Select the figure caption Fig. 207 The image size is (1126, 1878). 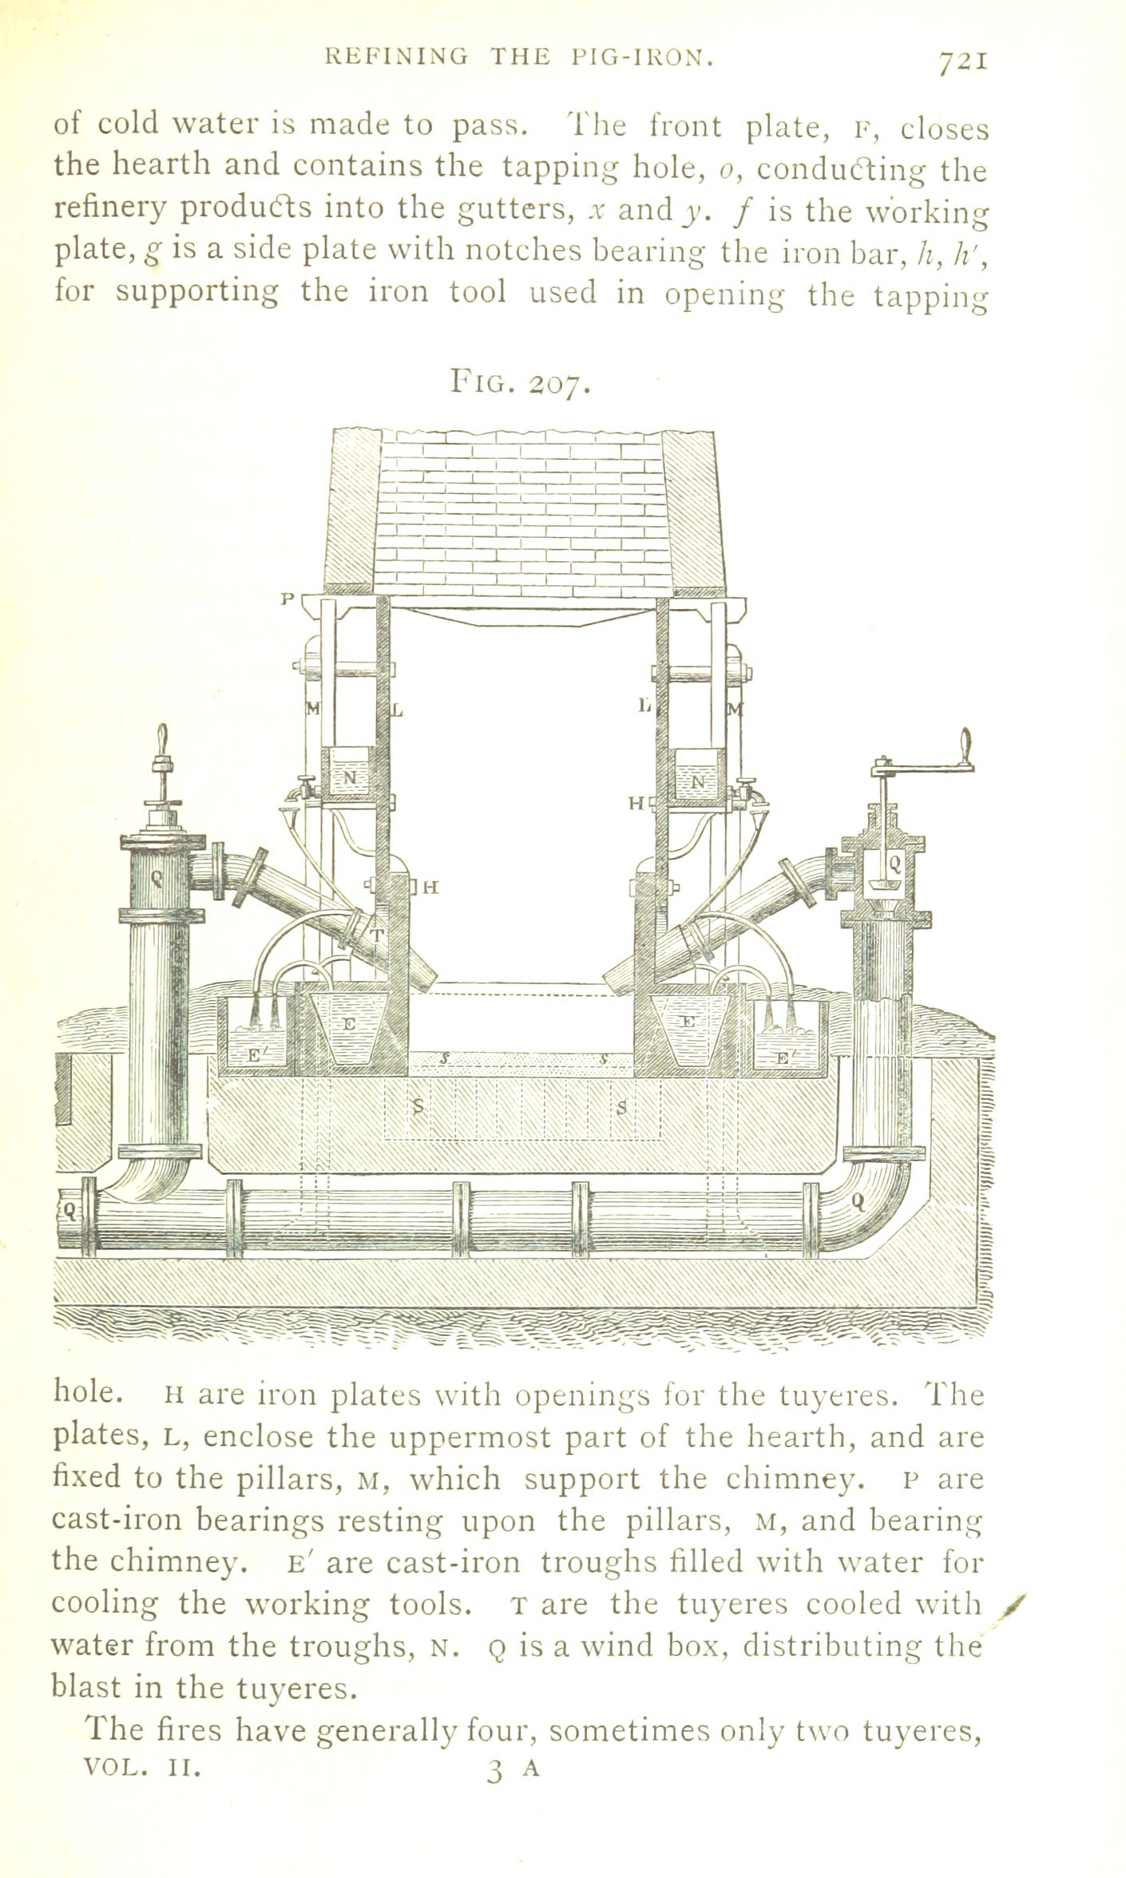tap(520, 384)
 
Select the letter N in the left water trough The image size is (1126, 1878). tap(350, 777)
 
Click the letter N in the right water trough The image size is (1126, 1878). tap(698, 783)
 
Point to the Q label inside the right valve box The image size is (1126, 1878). tap(894, 862)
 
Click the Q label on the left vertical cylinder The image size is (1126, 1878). tap(157, 879)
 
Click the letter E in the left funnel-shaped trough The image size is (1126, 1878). tap(349, 1022)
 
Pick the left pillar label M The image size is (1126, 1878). tap(313, 706)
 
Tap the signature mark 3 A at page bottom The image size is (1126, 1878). tap(513, 1854)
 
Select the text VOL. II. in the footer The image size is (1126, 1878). tap(142, 1852)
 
